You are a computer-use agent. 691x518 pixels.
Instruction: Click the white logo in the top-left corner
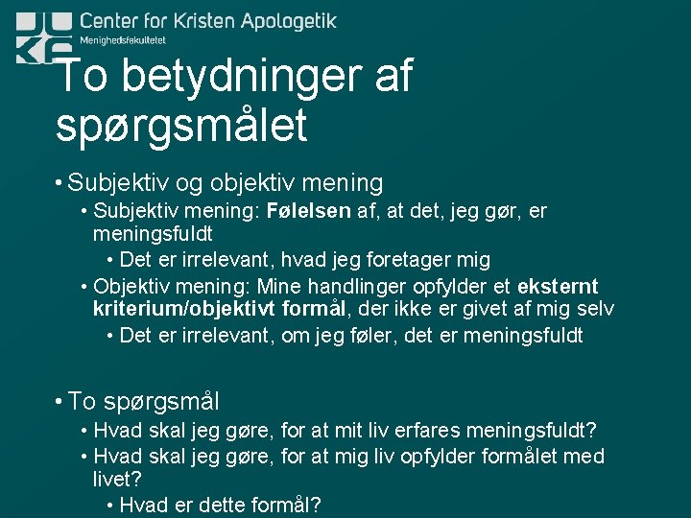(x=44, y=36)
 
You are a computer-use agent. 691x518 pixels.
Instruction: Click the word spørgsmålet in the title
(x=181, y=126)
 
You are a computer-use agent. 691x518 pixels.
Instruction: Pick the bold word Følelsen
(x=309, y=211)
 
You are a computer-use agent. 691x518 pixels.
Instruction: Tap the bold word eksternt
(x=558, y=287)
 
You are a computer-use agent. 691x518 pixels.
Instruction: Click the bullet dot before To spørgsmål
(x=60, y=401)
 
